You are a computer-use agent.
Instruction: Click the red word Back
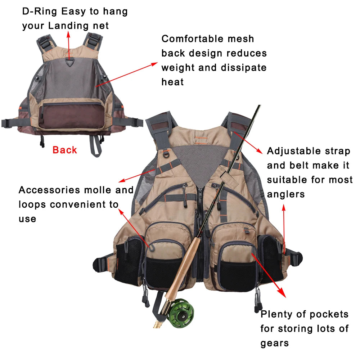(65, 150)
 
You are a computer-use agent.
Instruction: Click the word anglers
(286, 194)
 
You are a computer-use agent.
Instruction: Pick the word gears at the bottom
(275, 343)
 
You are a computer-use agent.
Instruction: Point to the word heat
(172, 82)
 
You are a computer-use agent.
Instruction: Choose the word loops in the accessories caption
(33, 204)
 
